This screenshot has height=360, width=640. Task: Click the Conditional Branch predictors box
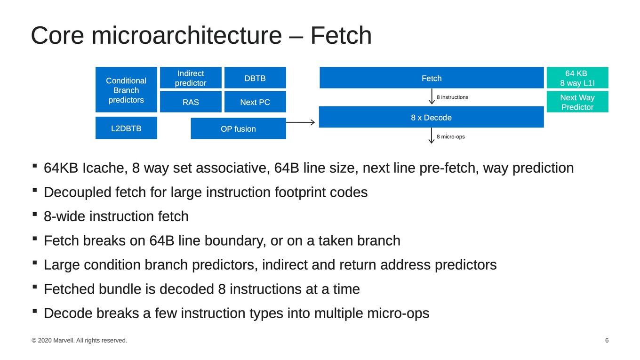point(126,90)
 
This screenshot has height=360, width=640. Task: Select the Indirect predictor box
point(191,78)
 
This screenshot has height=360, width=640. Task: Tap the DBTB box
point(255,78)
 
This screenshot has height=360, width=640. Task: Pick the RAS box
point(191,102)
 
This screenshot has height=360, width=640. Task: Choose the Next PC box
point(255,102)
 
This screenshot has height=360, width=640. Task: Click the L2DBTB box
point(126,128)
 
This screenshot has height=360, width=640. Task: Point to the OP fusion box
point(238,128)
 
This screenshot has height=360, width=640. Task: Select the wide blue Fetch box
point(432,78)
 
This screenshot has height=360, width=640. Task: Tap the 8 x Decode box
point(432,117)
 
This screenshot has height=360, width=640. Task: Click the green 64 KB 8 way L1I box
point(577,78)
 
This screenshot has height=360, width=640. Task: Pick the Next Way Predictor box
point(577,102)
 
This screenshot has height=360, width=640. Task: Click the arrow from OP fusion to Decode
point(300,122)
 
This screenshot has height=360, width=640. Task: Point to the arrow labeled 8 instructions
point(432,96)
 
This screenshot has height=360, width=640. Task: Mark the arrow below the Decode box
point(432,136)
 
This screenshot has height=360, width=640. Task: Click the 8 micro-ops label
point(450,136)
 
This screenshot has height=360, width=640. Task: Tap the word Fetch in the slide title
point(341,35)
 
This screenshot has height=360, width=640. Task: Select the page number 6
point(607,340)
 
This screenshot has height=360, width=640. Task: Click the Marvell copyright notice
point(79,340)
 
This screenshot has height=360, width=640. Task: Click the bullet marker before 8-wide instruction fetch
point(35,214)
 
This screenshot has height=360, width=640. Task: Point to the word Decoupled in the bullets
point(78,192)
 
